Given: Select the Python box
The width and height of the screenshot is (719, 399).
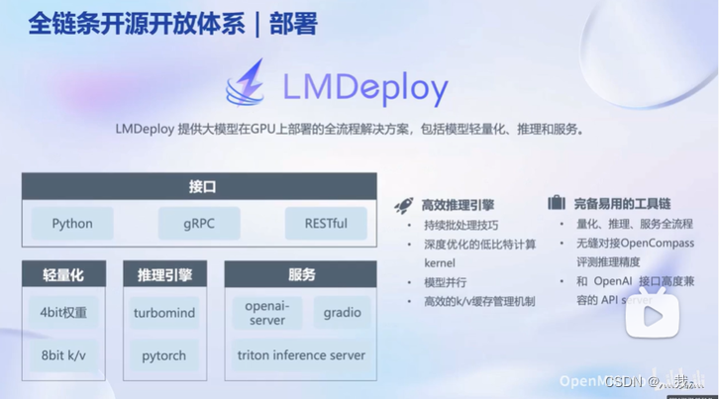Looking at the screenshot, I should [x=72, y=224].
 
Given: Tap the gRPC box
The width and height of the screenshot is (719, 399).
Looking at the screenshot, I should [x=199, y=224].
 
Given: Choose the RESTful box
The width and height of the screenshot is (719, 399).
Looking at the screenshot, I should [x=326, y=224].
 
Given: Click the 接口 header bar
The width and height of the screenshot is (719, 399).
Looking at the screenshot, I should [x=199, y=186].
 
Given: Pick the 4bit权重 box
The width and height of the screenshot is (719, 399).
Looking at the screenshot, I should [x=63, y=313].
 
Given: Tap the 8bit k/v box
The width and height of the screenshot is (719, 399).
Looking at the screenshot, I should [x=63, y=354].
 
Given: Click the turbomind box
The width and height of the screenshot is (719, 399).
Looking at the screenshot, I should [x=164, y=313].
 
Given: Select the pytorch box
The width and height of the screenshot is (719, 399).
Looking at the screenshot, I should [x=164, y=354].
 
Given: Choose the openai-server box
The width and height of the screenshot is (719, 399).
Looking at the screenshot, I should [x=267, y=313].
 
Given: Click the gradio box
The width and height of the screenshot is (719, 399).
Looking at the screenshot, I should [x=342, y=313].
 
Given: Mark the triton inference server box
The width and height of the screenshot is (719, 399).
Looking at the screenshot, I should [x=301, y=354].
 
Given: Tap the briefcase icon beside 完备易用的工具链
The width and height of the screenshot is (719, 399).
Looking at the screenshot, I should [x=557, y=203].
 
